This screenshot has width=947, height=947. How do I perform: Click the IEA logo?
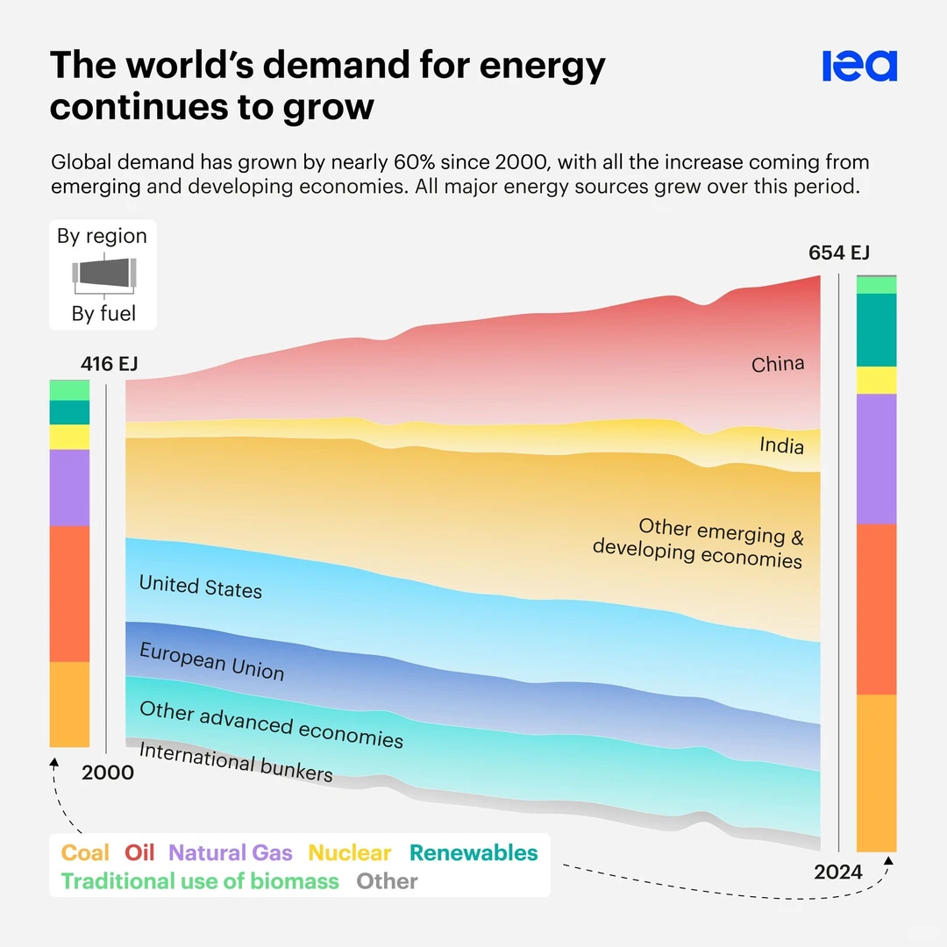[x=859, y=66]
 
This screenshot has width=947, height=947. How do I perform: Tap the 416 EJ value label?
[x=110, y=363]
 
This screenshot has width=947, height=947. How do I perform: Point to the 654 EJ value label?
[x=838, y=253]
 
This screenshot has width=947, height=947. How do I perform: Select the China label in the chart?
[x=778, y=364]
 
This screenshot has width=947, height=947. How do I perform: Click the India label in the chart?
[x=781, y=445]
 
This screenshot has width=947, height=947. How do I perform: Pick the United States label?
[x=201, y=586]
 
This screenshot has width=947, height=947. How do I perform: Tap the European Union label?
[x=212, y=661]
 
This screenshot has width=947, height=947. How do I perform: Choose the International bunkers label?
[x=236, y=762]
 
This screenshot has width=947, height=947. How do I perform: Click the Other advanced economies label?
[x=271, y=724]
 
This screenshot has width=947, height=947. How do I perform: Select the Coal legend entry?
[x=85, y=853]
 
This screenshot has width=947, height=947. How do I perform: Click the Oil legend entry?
[x=139, y=853]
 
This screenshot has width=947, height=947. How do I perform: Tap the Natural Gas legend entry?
[x=231, y=853]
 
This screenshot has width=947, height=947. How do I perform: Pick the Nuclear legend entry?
[x=350, y=853]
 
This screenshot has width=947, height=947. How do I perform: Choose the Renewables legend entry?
[x=473, y=853]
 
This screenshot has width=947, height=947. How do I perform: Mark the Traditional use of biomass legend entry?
[x=200, y=881]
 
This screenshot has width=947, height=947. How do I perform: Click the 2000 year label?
[x=108, y=773]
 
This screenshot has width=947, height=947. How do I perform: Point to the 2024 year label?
[x=838, y=872]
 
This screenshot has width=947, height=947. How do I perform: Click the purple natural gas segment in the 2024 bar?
[x=876, y=459]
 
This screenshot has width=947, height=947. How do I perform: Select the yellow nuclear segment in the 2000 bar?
[x=69, y=437]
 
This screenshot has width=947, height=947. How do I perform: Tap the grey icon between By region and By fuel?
[x=103, y=274]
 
